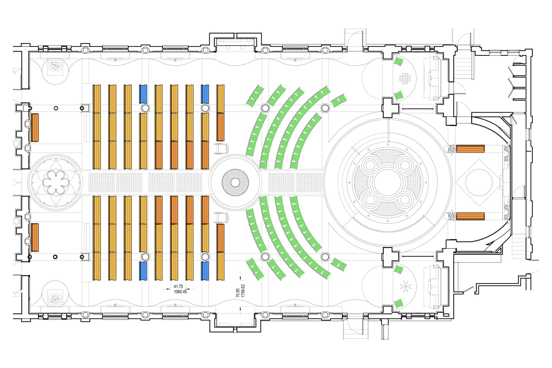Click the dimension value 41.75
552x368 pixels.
tap(178, 286)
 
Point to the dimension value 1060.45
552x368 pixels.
tap(180, 292)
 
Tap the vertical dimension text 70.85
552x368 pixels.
tap(238, 293)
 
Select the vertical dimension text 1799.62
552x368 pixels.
tap(243, 291)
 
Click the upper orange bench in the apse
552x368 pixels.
tap(470, 149)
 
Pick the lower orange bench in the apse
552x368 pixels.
tap(470, 216)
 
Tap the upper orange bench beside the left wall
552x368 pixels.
tap(35, 128)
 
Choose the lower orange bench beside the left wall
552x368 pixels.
tap(35, 237)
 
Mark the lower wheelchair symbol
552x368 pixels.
tap(221, 217)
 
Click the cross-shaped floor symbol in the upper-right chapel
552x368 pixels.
tap(405, 78)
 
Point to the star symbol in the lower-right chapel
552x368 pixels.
tap(406, 286)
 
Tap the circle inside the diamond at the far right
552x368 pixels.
tap(479, 182)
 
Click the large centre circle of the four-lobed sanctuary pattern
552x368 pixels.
tap(388, 182)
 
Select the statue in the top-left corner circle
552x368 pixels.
tap(55, 66)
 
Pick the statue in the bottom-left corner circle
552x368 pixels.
tap(55, 299)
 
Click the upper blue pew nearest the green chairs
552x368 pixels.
tap(205, 94)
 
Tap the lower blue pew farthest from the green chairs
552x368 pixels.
tap(143, 271)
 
